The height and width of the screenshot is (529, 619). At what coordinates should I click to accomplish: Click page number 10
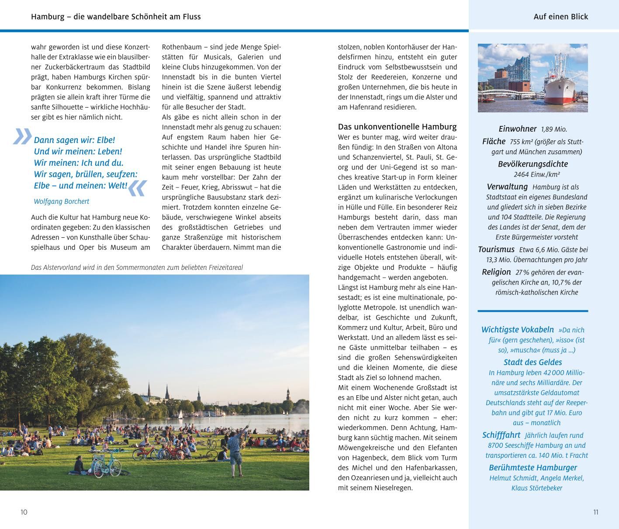point(24,512)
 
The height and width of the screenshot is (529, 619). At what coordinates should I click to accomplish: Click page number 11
point(596,512)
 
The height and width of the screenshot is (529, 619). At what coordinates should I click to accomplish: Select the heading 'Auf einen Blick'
point(560,17)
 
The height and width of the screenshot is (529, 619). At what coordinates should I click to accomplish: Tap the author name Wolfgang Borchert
point(61,202)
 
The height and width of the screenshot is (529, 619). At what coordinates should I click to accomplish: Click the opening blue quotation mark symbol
point(22,136)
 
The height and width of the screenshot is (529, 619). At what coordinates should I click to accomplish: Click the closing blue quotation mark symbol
point(137,188)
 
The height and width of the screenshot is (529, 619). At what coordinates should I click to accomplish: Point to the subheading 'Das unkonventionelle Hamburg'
point(397,127)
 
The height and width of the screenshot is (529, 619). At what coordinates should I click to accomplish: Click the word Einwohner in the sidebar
point(517,129)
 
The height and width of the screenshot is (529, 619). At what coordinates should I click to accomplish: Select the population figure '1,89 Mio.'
point(554,129)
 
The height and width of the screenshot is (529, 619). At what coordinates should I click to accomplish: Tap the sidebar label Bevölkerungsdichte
point(533,164)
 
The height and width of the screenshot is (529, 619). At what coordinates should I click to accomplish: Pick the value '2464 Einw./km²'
point(537,174)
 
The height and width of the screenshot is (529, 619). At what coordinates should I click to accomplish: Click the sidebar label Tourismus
point(496,250)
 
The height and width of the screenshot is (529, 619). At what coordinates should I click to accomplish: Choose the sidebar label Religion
point(496,272)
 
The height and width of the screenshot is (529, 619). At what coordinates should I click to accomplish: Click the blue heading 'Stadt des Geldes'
point(533,362)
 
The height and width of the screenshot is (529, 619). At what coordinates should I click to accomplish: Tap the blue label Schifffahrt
point(501,435)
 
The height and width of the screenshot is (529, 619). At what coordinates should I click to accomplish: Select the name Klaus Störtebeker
point(536,488)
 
